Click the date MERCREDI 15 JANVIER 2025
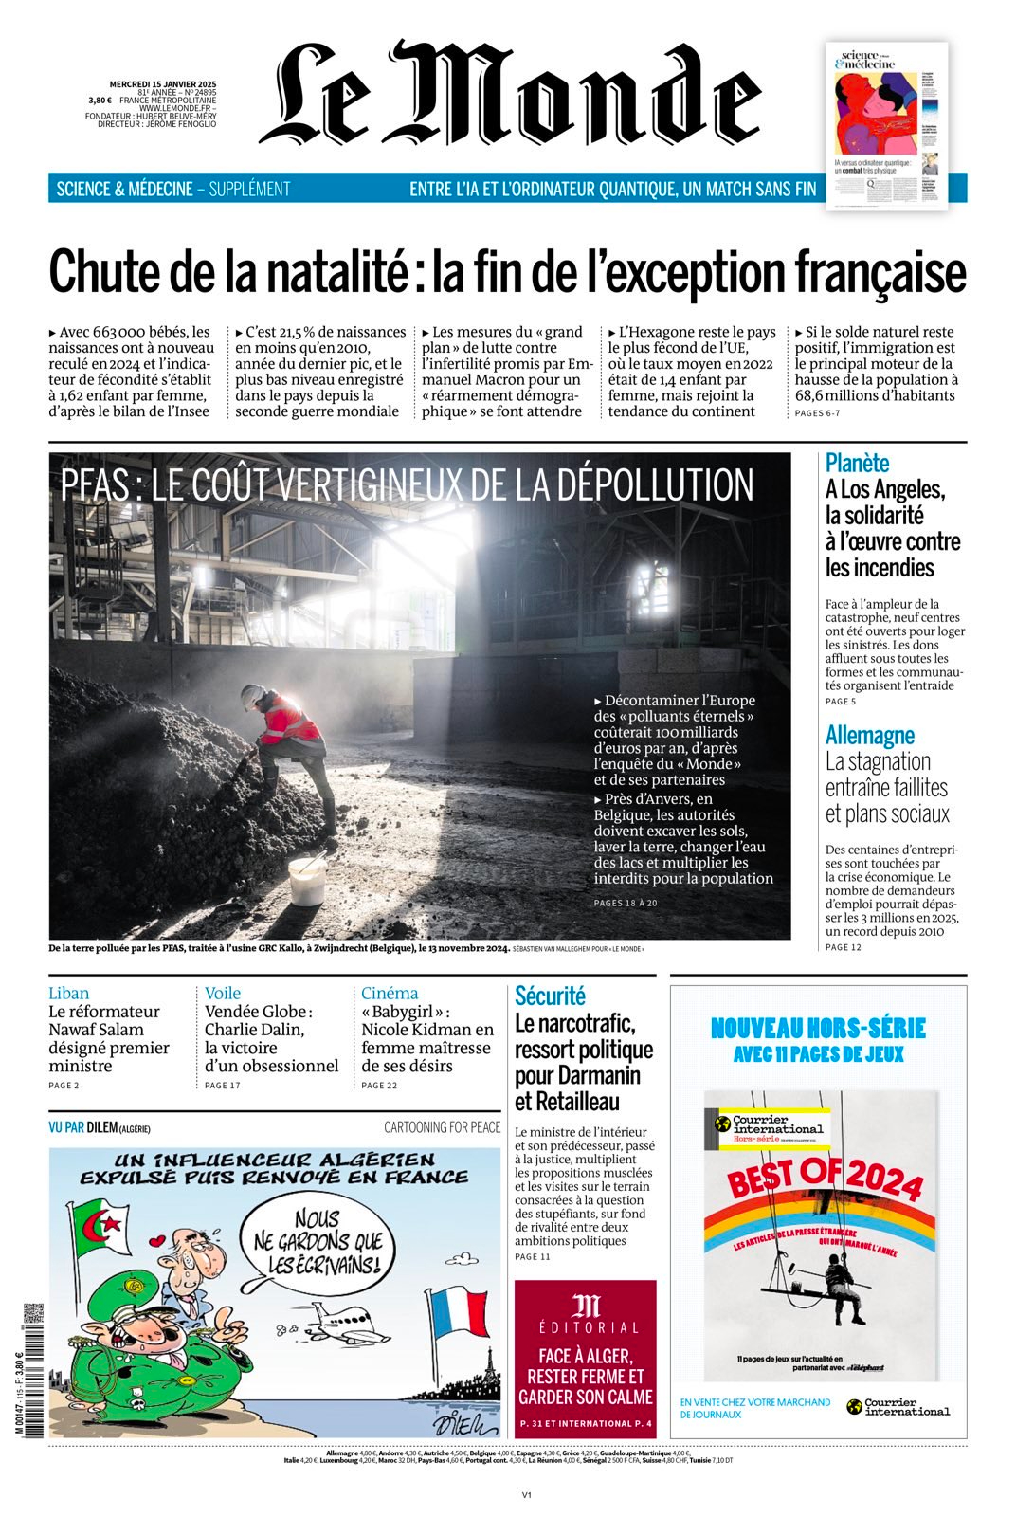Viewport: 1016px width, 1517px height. pos(163,83)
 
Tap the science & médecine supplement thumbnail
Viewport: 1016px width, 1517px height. pos(886,125)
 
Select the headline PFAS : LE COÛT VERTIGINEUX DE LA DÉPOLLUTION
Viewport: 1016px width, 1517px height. pos(408,484)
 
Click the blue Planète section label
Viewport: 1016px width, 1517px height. pos(857,463)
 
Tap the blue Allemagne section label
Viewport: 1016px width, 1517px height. pos(869,735)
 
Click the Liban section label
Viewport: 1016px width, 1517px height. pos(68,993)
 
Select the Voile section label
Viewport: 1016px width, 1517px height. pos(223,993)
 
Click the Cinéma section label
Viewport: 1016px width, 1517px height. pos(390,993)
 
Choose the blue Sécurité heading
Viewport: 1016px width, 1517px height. pos(550,996)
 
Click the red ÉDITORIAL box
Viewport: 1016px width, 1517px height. pos(585,1356)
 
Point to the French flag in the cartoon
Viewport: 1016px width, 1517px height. pos(459,1313)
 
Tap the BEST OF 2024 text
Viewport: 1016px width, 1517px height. pos(825,1180)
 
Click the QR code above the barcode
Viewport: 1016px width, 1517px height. pos(33,1313)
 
